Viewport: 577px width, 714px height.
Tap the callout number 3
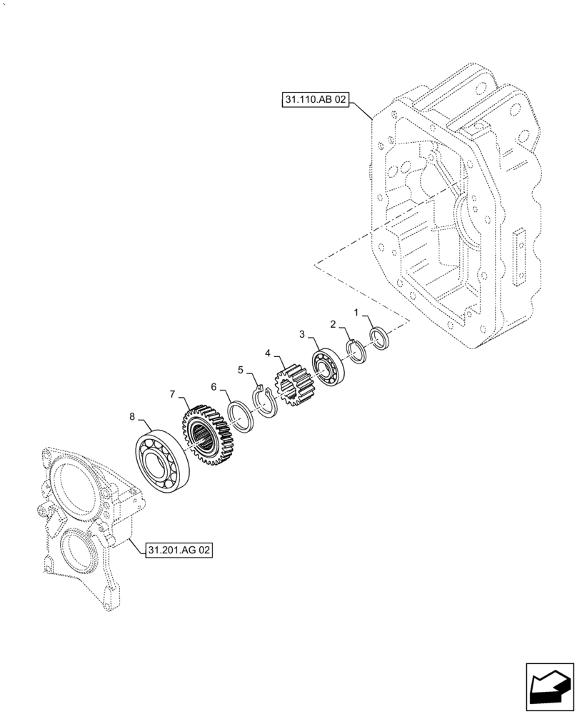tap(302, 334)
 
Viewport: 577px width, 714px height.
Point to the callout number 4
tap(268, 353)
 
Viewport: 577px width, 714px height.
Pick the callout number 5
tap(241, 370)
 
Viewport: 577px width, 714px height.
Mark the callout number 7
tap(172, 393)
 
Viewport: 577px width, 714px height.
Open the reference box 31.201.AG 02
tap(179, 550)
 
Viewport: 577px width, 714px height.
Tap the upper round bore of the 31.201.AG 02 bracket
tap(74, 479)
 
